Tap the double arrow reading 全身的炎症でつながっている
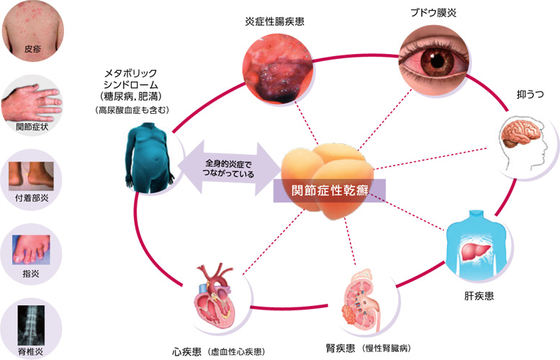point(228,170)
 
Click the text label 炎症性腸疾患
point(274,22)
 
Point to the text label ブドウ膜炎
point(435,12)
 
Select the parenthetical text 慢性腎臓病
point(388,348)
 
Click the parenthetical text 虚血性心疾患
point(237,351)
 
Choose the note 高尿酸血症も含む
point(132,110)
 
